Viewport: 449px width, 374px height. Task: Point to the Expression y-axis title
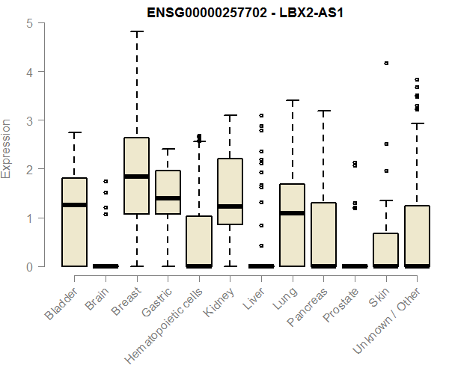tap(7, 147)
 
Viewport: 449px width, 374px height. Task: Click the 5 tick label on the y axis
tap(29, 22)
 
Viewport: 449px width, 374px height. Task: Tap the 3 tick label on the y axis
tap(29, 120)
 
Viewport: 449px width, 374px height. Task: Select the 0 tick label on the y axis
tap(29, 266)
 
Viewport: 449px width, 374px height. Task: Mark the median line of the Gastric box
tap(168, 198)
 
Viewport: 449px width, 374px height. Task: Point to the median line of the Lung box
tap(293, 213)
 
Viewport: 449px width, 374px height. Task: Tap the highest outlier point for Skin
tap(386, 64)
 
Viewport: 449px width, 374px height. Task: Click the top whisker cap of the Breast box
tap(136, 32)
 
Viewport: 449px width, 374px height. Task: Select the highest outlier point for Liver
tap(261, 116)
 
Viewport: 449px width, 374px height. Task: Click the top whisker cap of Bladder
tap(74, 132)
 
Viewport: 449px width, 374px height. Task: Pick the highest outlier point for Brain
tap(106, 181)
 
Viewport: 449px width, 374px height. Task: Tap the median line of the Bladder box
tap(74, 205)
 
